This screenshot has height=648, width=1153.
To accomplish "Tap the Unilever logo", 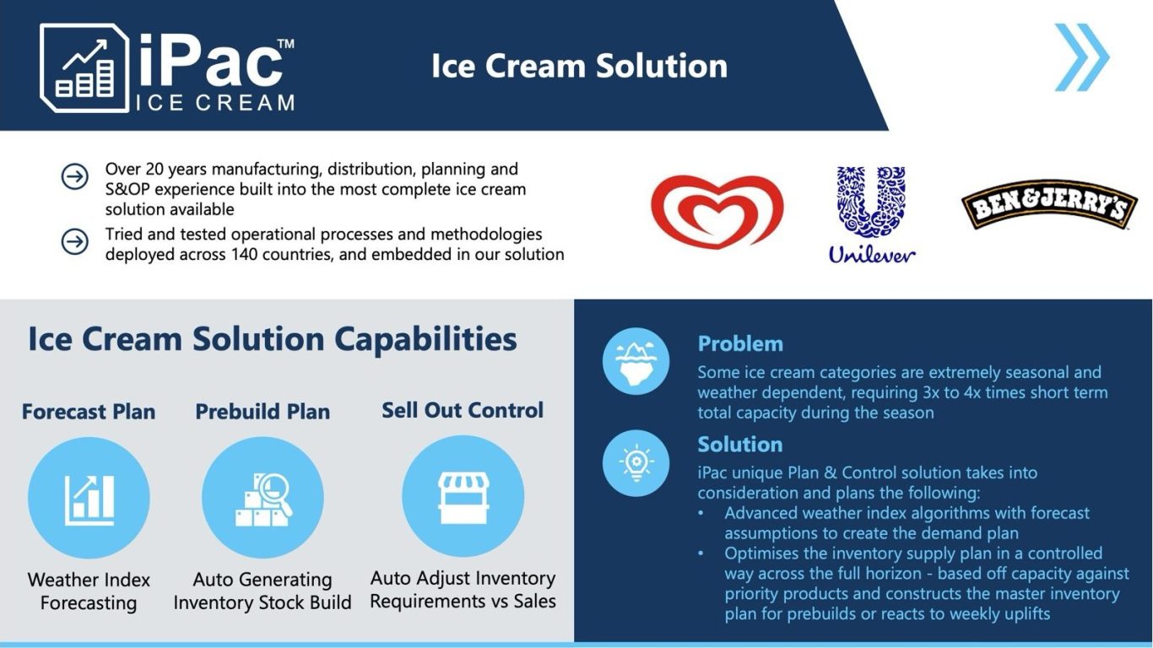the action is point(871,214).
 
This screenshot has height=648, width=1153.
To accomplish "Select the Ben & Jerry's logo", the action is point(1049,204).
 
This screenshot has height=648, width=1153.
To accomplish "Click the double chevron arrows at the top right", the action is point(1082,57).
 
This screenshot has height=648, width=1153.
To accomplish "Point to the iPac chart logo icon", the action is point(84,68).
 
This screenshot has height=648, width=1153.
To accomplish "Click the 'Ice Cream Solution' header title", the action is point(579,66).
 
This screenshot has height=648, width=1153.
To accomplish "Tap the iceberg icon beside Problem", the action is point(636,361).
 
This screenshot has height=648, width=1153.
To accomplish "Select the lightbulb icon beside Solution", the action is point(636,462).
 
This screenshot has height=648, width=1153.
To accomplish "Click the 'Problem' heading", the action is point(740,343).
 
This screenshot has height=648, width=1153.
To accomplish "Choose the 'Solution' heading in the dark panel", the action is point(739,444).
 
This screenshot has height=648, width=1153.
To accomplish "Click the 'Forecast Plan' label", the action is point(89,412).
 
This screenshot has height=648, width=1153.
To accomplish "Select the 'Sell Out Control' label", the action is point(463,410).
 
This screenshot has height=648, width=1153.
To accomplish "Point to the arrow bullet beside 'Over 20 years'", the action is point(74,176).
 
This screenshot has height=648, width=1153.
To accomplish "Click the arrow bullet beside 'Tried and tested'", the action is point(74,241).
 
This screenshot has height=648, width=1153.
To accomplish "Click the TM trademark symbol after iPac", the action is point(285,43).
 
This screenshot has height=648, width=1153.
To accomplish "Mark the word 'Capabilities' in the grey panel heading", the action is point(425,340).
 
